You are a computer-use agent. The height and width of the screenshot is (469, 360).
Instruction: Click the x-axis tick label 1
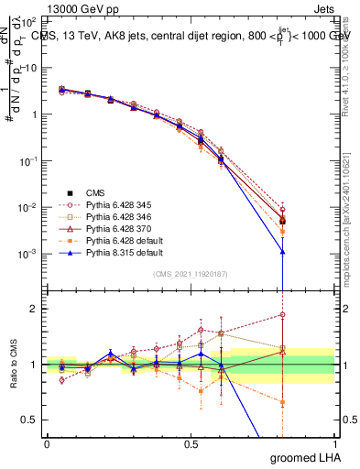pos(334,443)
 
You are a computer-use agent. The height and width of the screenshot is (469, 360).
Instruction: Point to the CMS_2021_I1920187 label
pos(190,275)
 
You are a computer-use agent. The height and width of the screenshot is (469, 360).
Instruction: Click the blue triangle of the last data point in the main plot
pos(283,251)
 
